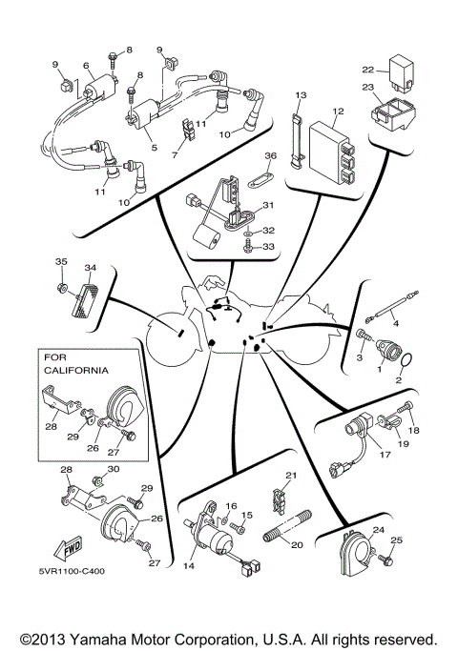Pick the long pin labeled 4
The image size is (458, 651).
[394, 308]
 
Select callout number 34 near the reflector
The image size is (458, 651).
[91, 268]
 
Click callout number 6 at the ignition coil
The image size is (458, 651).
[87, 66]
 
